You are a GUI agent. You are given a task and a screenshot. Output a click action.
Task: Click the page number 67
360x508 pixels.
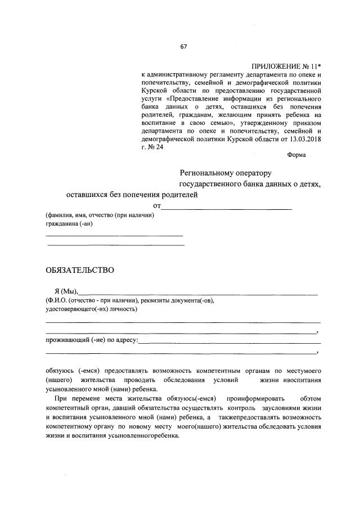(183, 47)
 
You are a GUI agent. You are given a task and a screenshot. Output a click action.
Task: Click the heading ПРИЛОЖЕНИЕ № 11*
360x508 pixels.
(286, 66)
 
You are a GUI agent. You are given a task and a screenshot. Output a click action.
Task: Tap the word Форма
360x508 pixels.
(296, 155)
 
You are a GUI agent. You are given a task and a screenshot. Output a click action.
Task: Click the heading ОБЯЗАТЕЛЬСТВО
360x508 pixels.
(80, 270)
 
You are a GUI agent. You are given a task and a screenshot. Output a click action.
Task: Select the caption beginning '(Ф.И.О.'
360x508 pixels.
(130, 300)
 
